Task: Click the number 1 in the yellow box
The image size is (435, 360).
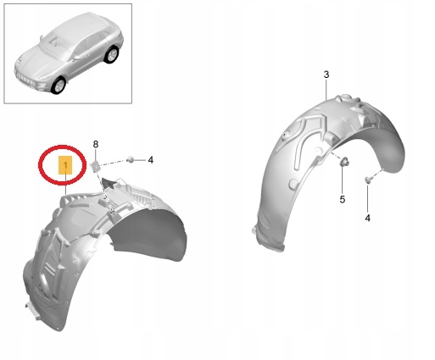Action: pyautogui.click(x=65, y=165)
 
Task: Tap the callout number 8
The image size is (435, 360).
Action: pyautogui.click(x=96, y=145)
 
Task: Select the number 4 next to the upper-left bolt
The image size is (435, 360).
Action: pyautogui.click(x=151, y=160)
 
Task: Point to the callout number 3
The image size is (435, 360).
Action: pyautogui.click(x=326, y=75)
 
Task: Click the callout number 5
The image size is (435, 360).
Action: pyautogui.click(x=343, y=200)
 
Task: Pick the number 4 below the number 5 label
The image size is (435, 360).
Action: pyautogui.click(x=367, y=218)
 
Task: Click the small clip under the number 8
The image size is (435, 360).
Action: pyautogui.click(x=95, y=166)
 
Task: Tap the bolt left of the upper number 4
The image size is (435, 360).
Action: pyautogui.click(x=131, y=159)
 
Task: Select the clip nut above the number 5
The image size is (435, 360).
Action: pyautogui.click(x=344, y=162)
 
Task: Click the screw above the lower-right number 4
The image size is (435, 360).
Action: pyautogui.click(x=367, y=179)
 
